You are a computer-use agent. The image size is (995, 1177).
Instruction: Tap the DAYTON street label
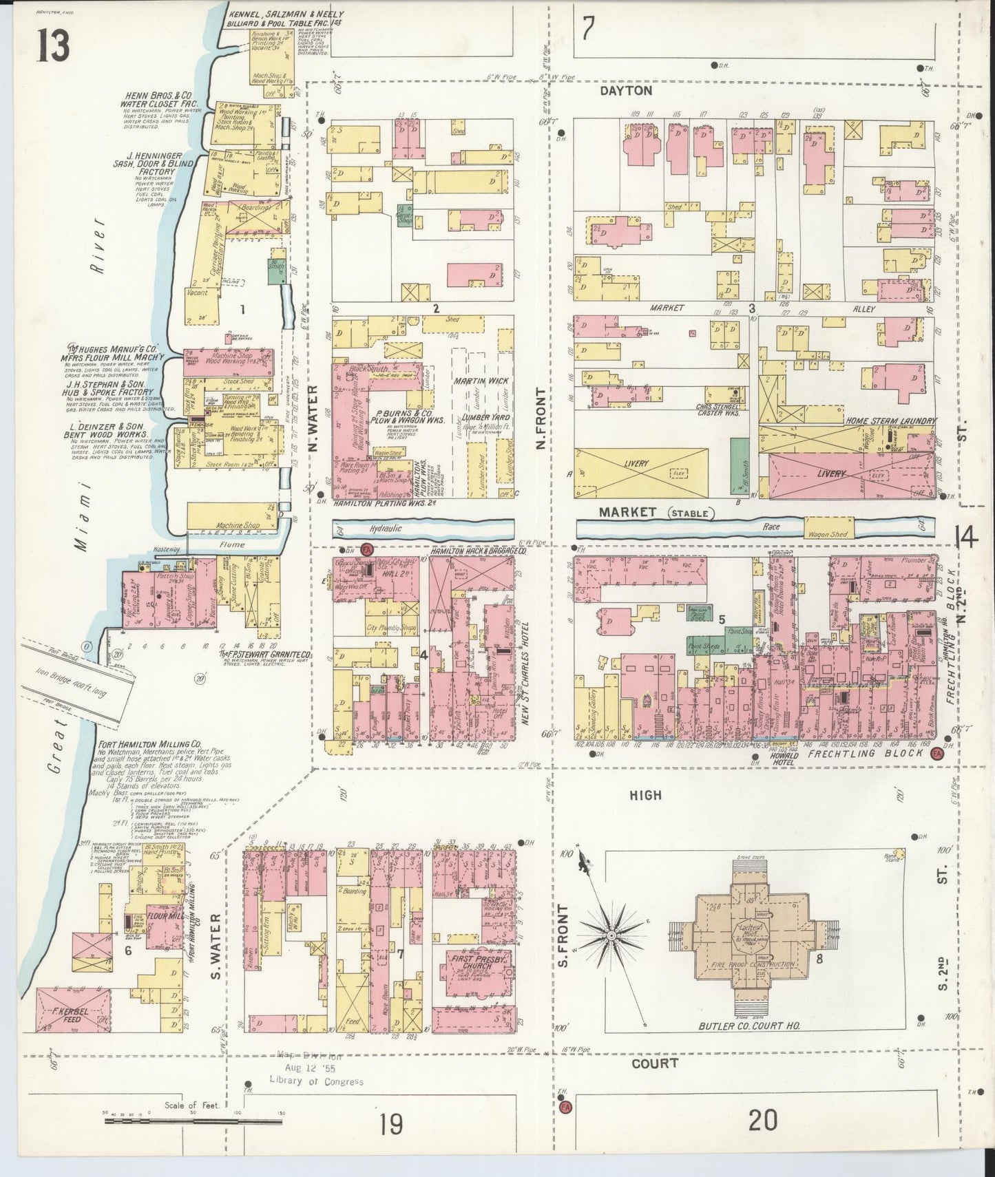click(625, 91)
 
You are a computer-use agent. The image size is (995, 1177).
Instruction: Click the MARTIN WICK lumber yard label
click(479, 381)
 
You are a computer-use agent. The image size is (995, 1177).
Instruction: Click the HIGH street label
click(645, 795)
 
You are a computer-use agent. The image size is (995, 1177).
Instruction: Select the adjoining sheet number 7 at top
click(587, 29)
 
